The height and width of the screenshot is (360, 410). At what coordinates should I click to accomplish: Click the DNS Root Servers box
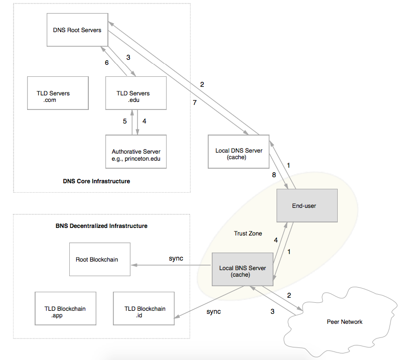77,30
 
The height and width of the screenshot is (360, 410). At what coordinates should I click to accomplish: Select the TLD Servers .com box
58,93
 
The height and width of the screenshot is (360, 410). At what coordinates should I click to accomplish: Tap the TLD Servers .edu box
135,93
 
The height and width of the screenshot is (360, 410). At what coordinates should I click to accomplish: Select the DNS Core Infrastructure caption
96,181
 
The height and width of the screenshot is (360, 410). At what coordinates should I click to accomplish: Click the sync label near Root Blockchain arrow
176,258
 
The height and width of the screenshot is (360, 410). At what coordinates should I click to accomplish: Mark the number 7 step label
196,102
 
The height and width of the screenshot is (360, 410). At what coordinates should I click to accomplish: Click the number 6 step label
106,63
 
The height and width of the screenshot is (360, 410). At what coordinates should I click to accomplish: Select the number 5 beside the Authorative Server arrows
125,121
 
